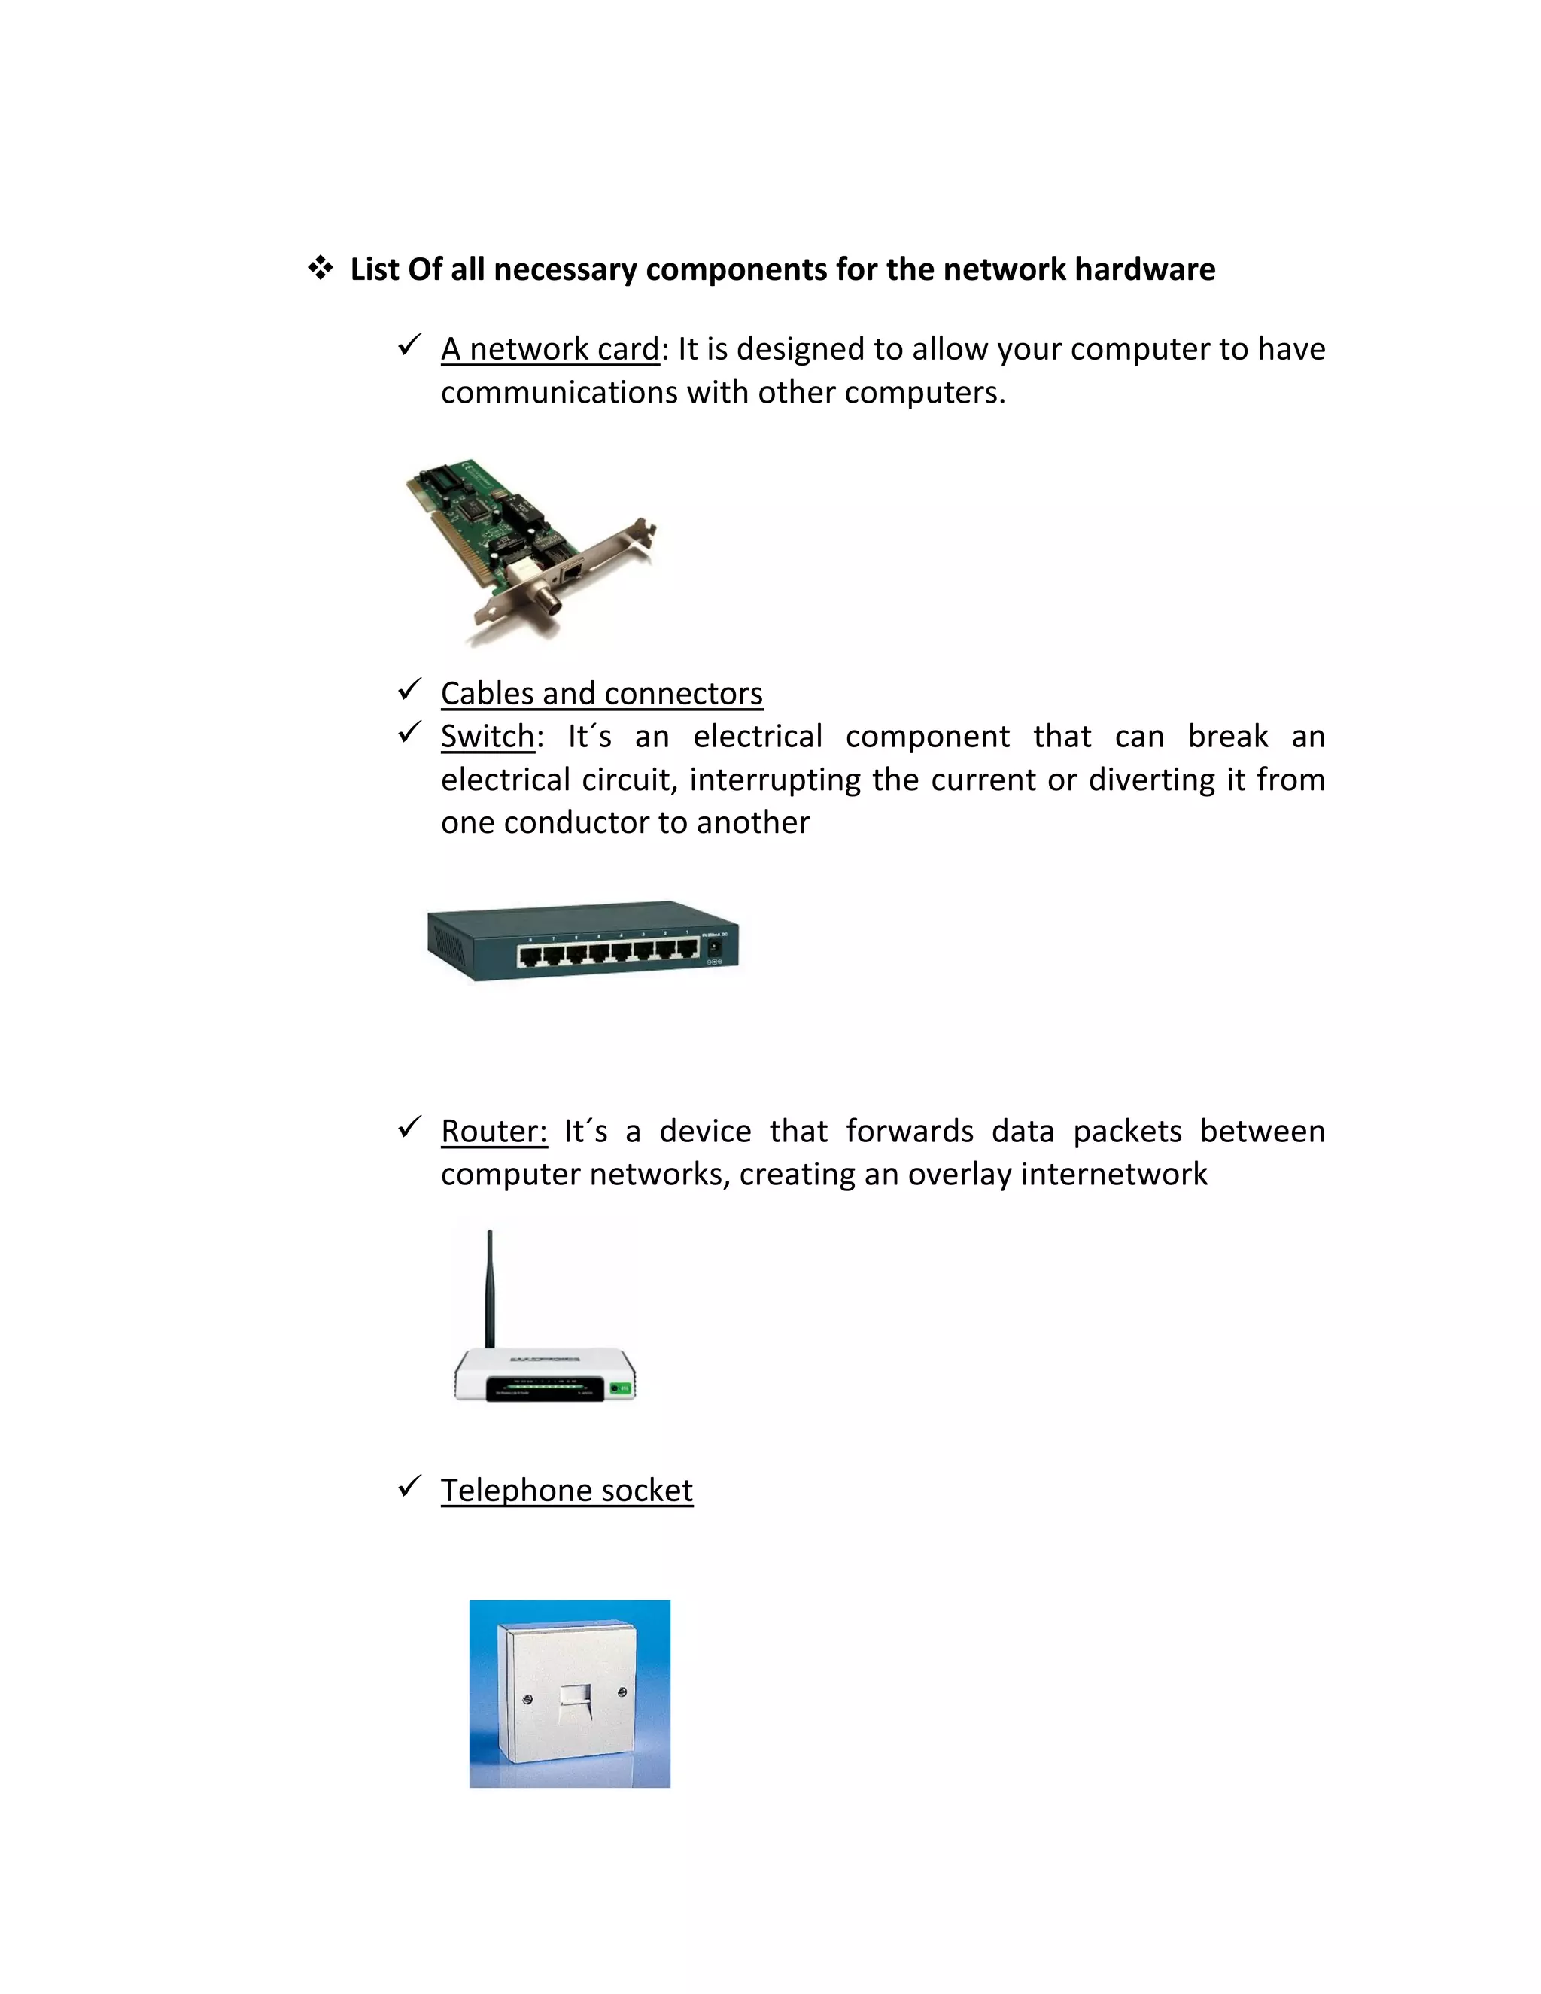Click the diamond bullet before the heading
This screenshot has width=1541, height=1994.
coord(320,269)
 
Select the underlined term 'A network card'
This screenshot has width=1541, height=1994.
coord(549,349)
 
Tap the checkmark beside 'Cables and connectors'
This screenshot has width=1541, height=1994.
coord(409,689)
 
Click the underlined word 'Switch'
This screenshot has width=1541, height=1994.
coord(488,737)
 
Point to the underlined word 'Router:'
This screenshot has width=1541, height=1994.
coord(494,1131)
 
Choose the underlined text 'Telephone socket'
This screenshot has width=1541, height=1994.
coord(567,1490)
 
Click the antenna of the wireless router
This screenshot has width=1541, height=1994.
coord(491,1287)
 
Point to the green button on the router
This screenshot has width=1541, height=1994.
coord(620,1389)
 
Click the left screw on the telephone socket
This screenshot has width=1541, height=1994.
coord(527,1700)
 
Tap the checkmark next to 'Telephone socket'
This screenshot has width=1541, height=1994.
coord(409,1486)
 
